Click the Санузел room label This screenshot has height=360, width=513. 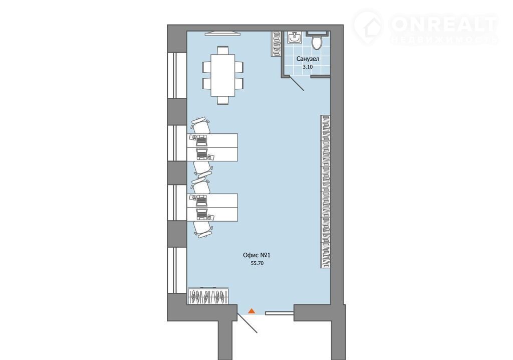pos(308,59)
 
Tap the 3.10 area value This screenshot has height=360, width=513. pos(308,67)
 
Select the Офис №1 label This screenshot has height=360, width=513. pos(257,255)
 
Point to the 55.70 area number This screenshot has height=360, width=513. pos(257,263)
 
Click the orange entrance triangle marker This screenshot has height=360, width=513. pos(251,311)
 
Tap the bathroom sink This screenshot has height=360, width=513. pos(295,38)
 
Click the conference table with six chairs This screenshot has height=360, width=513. pos(223,75)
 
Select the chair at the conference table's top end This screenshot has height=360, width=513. pos(223,50)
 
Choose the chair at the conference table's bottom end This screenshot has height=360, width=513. pos(223,101)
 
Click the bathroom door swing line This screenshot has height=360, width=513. pos(297,83)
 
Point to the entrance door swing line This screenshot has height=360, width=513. pos(247,323)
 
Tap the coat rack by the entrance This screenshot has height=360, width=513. pos(208,296)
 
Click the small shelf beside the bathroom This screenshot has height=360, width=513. pos(277,44)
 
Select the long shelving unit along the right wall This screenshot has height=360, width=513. pos(325,192)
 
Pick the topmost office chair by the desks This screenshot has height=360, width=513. pos(200,125)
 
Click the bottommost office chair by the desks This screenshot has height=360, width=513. pos(202,229)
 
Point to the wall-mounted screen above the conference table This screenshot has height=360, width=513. pos(223,33)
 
